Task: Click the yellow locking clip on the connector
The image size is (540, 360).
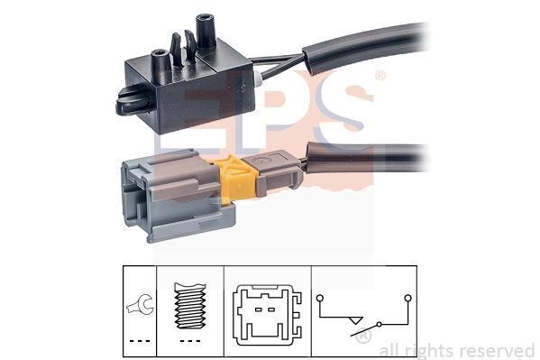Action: tap(238, 180)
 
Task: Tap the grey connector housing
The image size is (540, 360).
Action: tap(172, 197)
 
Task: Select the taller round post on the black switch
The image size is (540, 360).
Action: tap(206, 32)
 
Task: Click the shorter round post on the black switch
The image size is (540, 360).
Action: tap(161, 66)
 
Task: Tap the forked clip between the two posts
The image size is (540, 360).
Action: tap(183, 49)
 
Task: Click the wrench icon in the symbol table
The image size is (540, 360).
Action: tap(140, 304)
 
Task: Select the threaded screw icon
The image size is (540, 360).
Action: tap(190, 306)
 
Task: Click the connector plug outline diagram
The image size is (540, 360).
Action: tap(267, 315)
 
